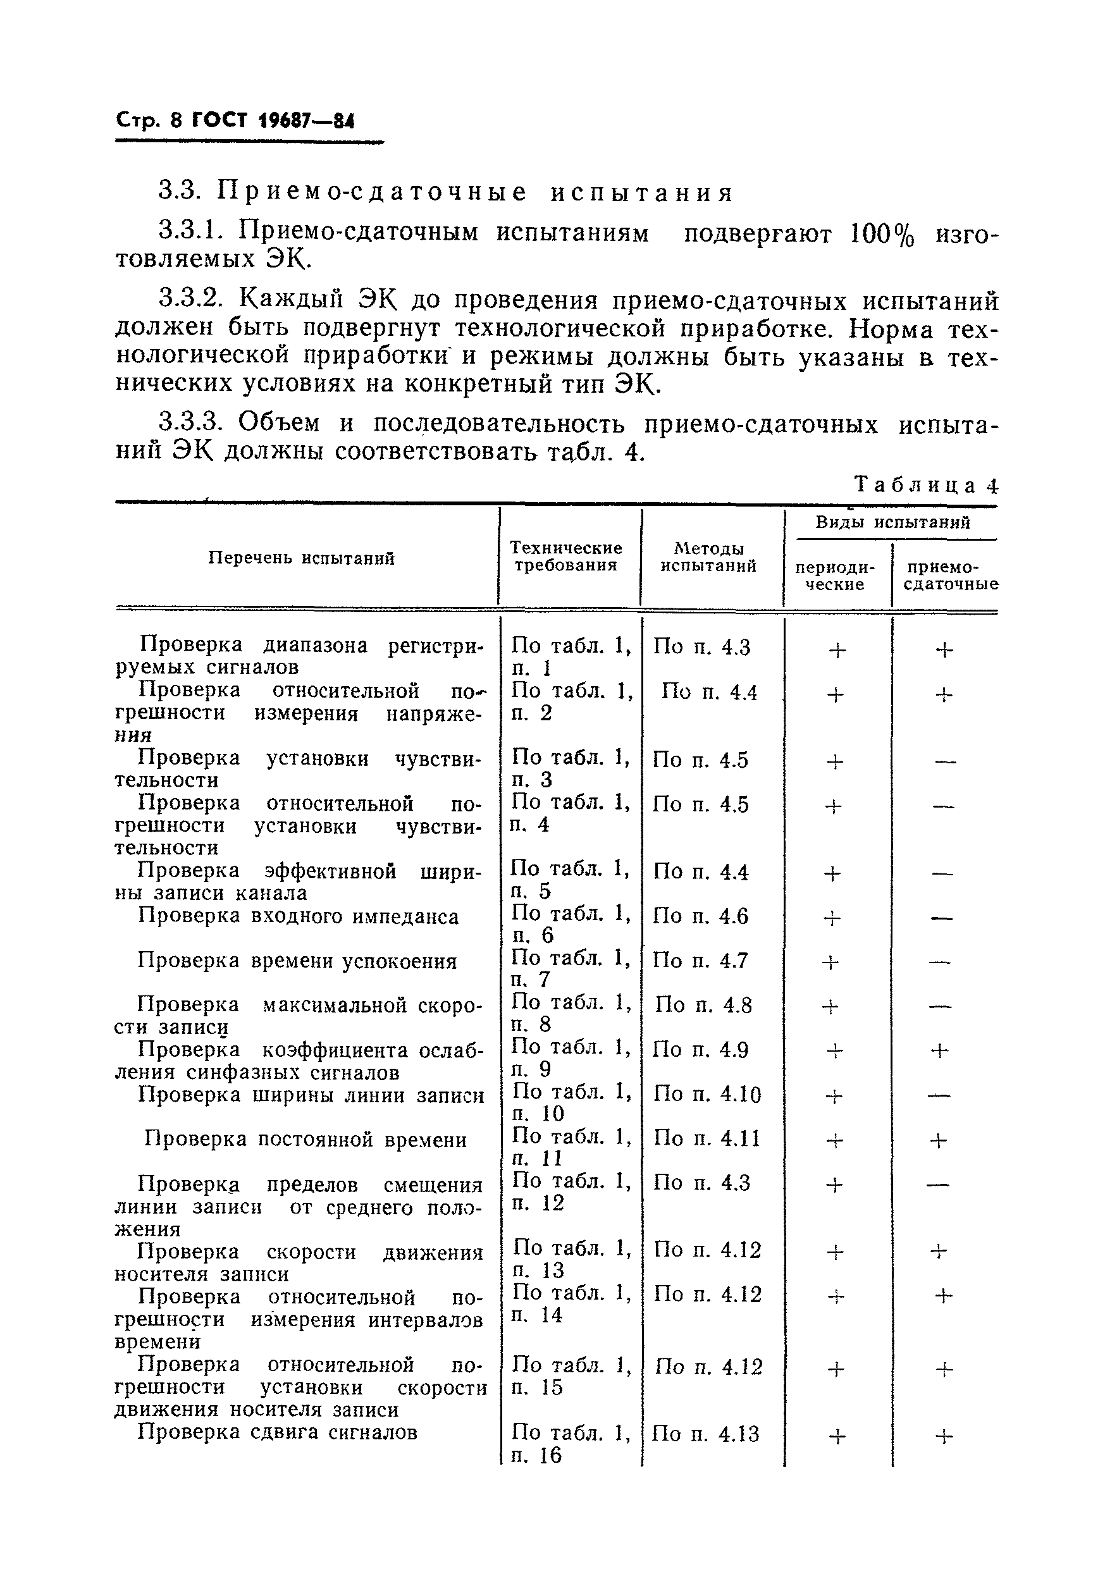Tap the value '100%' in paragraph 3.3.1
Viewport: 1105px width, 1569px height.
[882, 235]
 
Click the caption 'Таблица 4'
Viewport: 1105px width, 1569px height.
[925, 485]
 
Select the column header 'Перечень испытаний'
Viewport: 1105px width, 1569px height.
[301, 558]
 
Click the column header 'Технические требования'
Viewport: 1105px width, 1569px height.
[566, 557]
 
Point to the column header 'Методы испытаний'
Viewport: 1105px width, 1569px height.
[708, 557]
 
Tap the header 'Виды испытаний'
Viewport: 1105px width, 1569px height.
[892, 523]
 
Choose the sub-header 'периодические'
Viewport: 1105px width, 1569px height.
[834, 576]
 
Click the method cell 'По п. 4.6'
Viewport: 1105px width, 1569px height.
[700, 916]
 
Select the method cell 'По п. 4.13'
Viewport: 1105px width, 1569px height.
[705, 1434]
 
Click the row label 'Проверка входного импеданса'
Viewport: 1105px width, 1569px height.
[298, 916]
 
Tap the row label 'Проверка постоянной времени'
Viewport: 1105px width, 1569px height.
[306, 1140]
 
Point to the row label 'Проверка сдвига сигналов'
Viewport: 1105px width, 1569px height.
[278, 1432]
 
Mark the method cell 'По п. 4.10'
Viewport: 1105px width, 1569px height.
[707, 1095]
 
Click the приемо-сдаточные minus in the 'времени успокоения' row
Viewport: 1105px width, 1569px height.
[940, 962]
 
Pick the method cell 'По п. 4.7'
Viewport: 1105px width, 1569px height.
[700, 961]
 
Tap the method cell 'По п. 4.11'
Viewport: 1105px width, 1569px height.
[707, 1138]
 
